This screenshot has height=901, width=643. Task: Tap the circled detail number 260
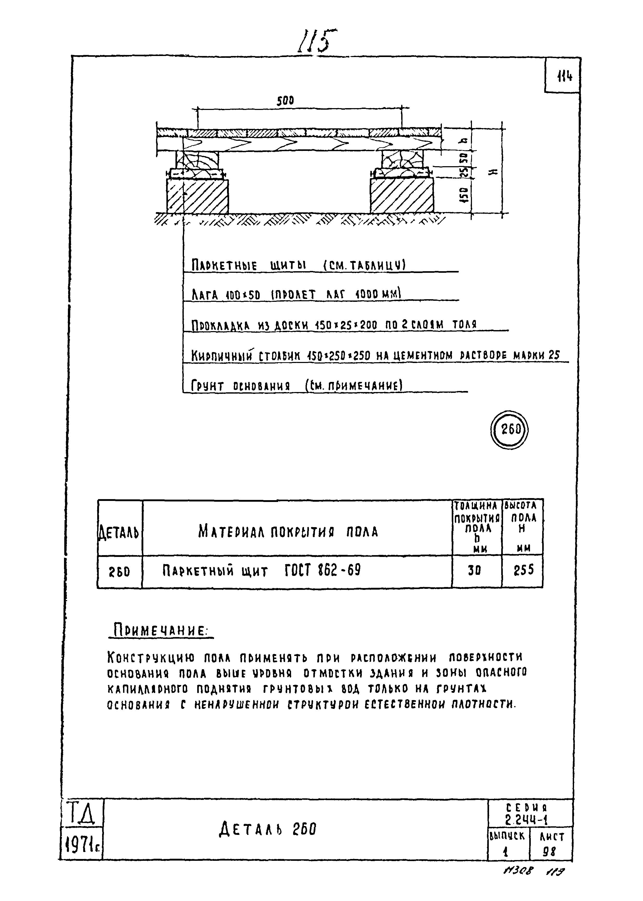click(x=510, y=429)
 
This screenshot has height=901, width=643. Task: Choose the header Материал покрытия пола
click(x=288, y=532)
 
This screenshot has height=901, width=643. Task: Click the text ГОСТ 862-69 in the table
click(x=322, y=570)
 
